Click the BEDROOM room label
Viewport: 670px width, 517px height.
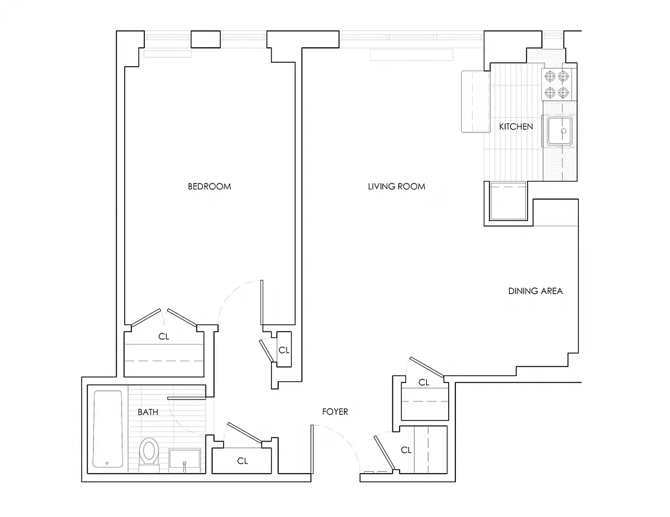coord(209,187)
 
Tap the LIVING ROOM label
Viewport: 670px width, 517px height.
coord(396,187)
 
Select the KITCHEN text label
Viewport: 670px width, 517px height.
coord(515,127)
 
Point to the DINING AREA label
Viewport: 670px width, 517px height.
coord(535,291)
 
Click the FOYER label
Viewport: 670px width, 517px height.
coord(335,412)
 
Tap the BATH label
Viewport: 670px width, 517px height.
coord(147,412)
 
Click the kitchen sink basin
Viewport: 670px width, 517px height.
coord(560,131)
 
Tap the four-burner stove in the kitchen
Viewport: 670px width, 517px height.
coord(557,85)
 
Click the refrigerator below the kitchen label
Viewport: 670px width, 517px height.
coord(507,202)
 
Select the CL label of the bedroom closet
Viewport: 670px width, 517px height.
coord(164,337)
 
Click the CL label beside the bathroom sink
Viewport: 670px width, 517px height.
coord(243,461)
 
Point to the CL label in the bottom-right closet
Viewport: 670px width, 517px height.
coord(406,450)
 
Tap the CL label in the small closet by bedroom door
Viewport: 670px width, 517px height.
coord(283,350)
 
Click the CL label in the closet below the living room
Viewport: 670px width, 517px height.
coord(424,383)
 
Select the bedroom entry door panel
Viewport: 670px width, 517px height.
coord(262,302)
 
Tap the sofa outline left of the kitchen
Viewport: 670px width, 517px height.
coord(475,101)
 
